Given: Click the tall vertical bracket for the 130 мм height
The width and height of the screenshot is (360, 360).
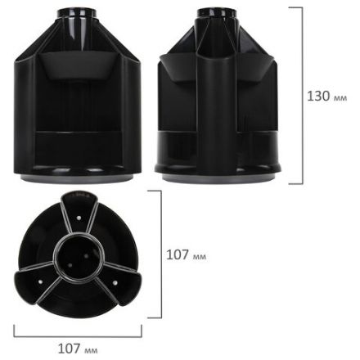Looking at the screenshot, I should click(299, 96).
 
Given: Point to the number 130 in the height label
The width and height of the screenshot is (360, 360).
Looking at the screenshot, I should click(318, 96).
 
